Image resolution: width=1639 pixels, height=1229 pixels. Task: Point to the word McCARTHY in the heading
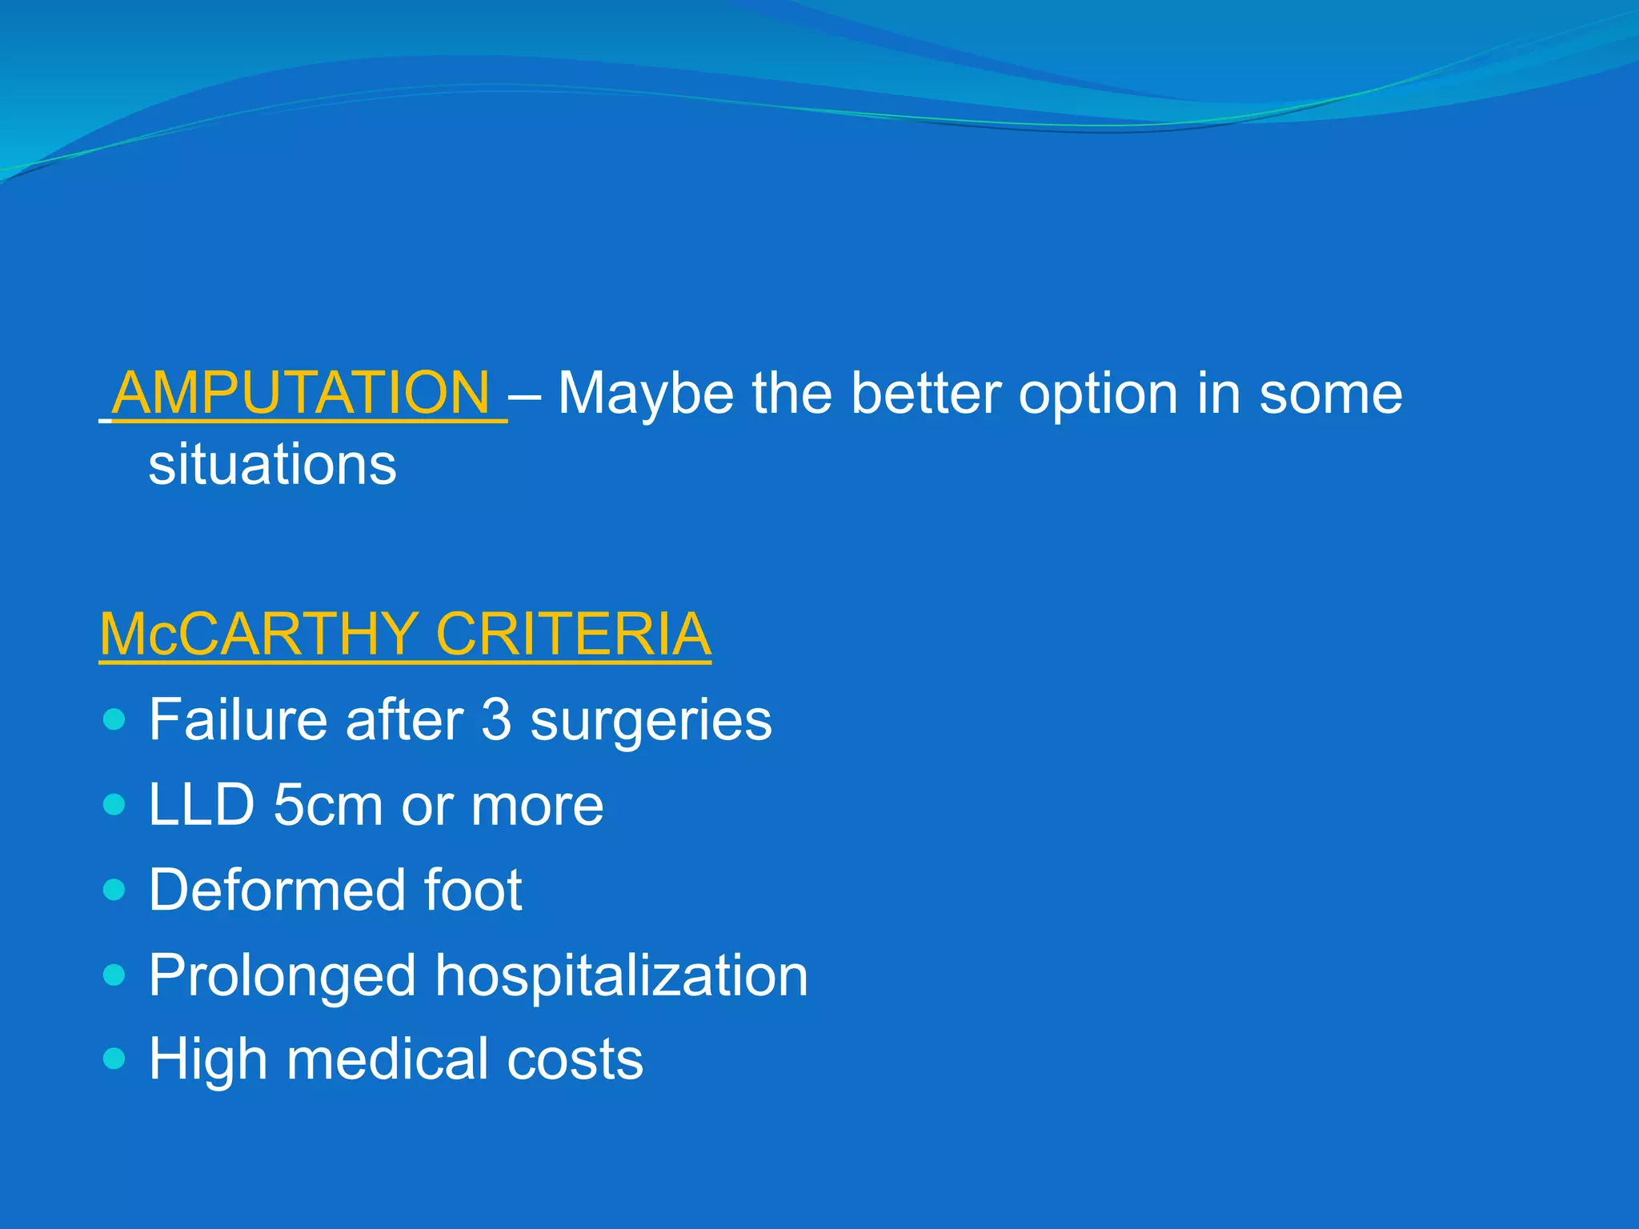coord(256,634)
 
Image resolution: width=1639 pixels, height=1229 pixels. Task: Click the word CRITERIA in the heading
coord(573,634)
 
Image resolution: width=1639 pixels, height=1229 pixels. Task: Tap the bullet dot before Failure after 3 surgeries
coord(115,719)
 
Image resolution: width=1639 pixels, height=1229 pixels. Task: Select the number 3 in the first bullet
coord(496,719)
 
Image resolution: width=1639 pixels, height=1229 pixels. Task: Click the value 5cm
coord(327,804)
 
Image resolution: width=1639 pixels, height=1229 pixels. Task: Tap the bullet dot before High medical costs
coord(115,1059)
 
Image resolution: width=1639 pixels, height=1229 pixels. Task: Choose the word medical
coord(387,1059)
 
